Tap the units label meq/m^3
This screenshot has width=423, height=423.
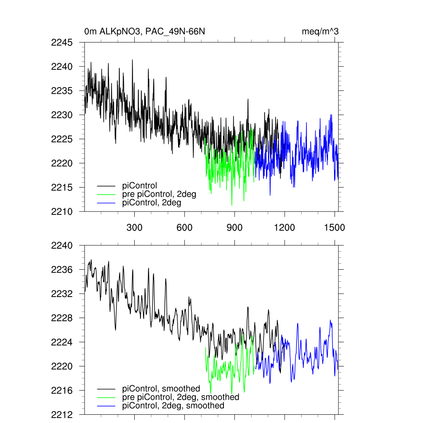click(321, 31)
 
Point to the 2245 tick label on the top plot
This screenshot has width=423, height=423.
click(62, 43)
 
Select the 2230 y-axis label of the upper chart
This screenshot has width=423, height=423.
click(62, 115)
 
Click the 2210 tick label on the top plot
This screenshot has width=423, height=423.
click(62, 212)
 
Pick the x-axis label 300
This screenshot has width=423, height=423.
click(134, 227)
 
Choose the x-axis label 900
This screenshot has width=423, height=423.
click(235, 227)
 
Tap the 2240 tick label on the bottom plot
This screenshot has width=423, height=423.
click(62, 245)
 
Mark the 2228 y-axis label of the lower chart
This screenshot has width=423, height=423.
click(62, 318)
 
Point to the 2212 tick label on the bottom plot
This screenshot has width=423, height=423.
click(62, 414)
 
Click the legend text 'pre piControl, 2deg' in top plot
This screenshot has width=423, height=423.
click(159, 194)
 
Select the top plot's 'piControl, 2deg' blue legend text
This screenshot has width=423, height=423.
click(152, 203)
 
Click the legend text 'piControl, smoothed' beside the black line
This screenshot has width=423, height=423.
click(161, 389)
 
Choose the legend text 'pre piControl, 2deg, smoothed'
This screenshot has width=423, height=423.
click(181, 397)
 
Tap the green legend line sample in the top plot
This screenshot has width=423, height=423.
click(106, 194)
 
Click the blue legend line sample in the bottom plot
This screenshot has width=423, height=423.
click(106, 406)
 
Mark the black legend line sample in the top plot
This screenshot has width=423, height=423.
click(106, 185)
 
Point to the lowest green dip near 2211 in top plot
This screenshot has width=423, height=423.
click(232, 204)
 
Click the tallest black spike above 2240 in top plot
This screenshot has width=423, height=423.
click(133, 60)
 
